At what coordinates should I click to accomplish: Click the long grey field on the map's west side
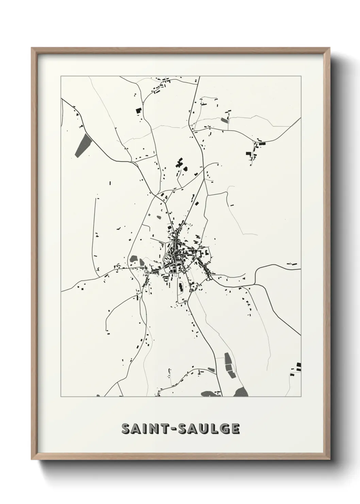[83, 145]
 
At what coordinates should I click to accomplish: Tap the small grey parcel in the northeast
[225, 120]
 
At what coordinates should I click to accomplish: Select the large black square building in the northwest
[138, 110]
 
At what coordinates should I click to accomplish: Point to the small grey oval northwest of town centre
[159, 216]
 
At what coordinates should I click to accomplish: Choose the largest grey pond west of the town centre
[134, 259]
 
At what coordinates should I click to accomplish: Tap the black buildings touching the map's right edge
[298, 366]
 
